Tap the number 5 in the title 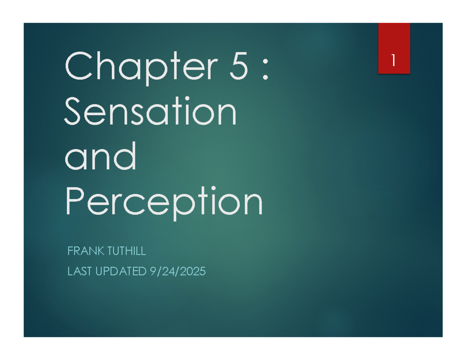pyautogui.click(x=238, y=67)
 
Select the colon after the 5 pyautogui.click(x=265, y=70)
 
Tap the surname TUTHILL pyautogui.click(x=125, y=252)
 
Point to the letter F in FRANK pyautogui.click(x=70, y=252)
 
